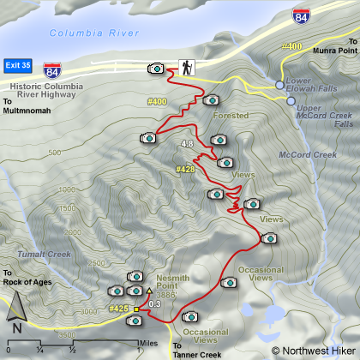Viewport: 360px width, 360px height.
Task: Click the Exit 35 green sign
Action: pyautogui.click(x=17, y=64)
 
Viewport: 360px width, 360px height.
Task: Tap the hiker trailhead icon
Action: pyautogui.click(x=185, y=67)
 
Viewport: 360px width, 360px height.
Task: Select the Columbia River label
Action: pyautogui.click(x=93, y=33)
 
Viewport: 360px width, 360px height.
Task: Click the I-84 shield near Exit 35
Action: pyautogui.click(x=53, y=69)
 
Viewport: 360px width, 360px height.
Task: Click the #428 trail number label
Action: pyautogui.click(x=185, y=170)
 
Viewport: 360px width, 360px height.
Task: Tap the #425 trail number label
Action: pyautogui.click(x=118, y=308)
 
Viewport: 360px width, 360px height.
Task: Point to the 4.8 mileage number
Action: pyautogui.click(x=188, y=143)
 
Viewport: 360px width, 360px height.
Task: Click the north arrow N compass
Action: pyautogui.click(x=16, y=326)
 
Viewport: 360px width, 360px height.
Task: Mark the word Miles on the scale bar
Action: pyautogui.click(x=148, y=342)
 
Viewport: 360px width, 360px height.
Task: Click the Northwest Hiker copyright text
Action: pyautogui.click(x=314, y=351)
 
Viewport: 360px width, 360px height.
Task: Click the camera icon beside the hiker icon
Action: pyautogui.click(x=156, y=67)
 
